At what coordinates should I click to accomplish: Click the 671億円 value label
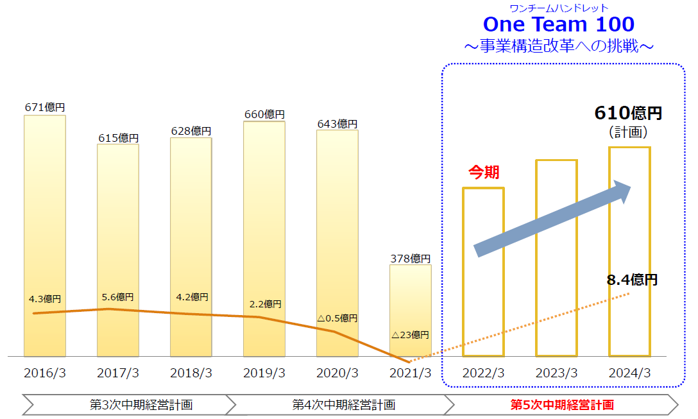coord(45,108)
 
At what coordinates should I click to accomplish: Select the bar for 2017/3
coord(118,250)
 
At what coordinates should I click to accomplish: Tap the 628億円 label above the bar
coord(191,131)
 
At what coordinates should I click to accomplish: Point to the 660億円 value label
coord(264,114)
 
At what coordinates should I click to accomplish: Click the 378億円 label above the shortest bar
coord(411,259)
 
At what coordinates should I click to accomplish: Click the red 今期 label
coord(484,172)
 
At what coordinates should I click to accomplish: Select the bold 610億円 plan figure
coord(628,114)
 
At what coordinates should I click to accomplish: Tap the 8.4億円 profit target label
coord(632,280)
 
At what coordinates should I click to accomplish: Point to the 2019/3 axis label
coord(264,373)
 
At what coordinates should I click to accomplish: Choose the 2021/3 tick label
coord(411,373)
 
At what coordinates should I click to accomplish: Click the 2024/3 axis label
coord(630,373)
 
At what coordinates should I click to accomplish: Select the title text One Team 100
coord(558,24)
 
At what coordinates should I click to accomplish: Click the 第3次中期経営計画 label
coord(141,405)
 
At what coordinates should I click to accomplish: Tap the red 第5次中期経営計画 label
coord(562,405)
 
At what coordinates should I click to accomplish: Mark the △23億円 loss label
coord(411,334)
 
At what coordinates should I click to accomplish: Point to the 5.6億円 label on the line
coord(118,297)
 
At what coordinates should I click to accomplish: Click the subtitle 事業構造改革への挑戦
coord(558,46)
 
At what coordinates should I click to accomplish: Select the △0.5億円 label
coord(337,318)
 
